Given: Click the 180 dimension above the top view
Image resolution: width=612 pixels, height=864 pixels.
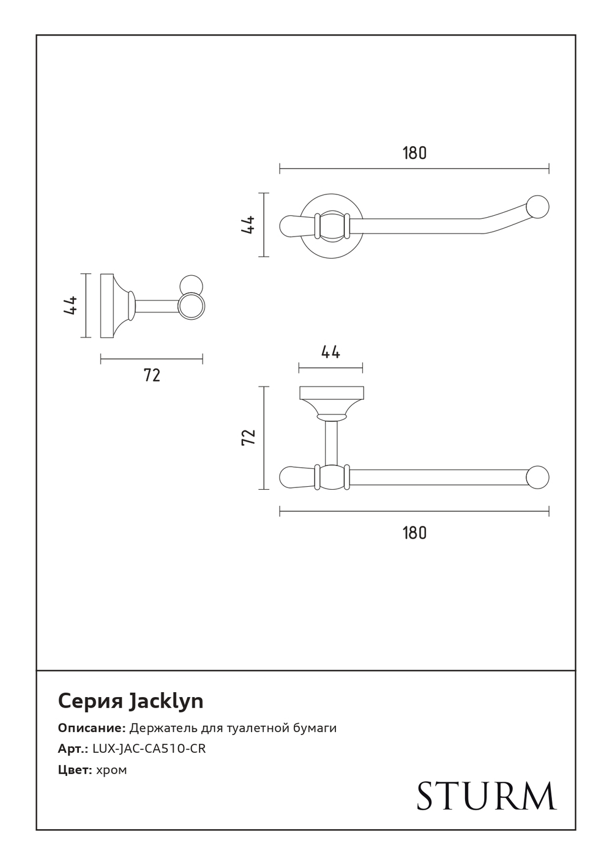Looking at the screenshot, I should pyautogui.click(x=414, y=153).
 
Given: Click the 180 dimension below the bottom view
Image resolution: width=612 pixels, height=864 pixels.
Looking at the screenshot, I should pyautogui.click(x=414, y=533).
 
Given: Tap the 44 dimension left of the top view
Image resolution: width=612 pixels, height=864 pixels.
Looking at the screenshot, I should pyautogui.click(x=248, y=224).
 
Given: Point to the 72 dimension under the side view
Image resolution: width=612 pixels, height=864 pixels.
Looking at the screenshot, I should pyautogui.click(x=152, y=375).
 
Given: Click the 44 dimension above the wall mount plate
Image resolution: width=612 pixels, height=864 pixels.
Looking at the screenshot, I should pyautogui.click(x=330, y=352).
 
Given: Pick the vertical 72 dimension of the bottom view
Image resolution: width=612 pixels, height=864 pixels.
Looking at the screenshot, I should pyautogui.click(x=248, y=437).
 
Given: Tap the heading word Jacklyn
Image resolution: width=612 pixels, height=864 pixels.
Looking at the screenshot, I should pyautogui.click(x=166, y=701).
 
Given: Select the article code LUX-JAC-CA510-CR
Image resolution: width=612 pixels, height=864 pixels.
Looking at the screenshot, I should pyautogui.click(x=149, y=749).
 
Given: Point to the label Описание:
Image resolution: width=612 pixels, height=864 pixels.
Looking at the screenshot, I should pyautogui.click(x=92, y=728).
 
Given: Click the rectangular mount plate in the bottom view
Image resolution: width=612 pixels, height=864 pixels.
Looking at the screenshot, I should pyautogui.click(x=330, y=393).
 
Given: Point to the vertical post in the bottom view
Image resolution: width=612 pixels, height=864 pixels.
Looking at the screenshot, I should pyautogui.click(x=330, y=443).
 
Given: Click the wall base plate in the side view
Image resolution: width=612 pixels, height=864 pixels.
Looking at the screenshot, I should pyautogui.click(x=107, y=305).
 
